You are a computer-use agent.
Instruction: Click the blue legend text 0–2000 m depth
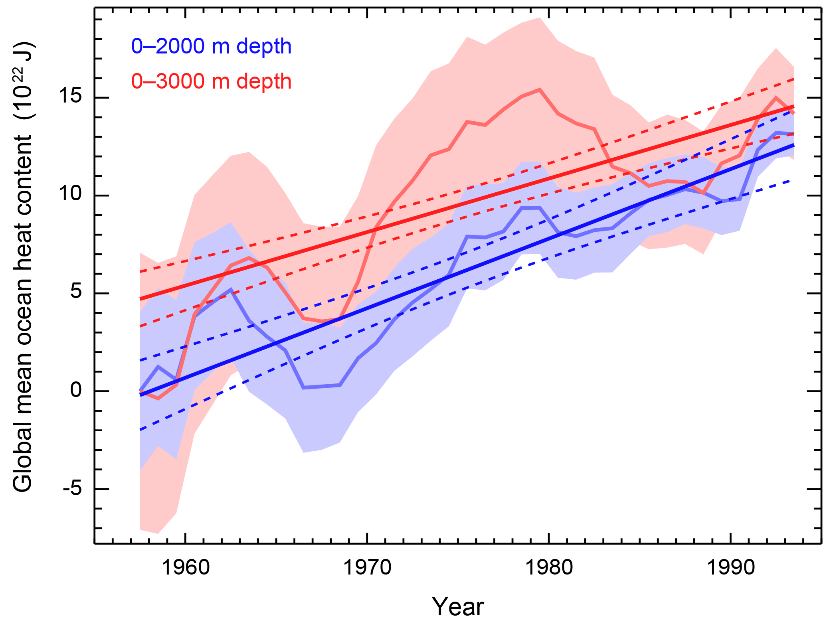tap(211, 47)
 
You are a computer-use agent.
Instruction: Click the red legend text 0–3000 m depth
tap(211, 81)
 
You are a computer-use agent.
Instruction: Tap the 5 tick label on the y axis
tap(76, 293)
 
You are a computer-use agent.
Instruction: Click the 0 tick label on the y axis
tap(76, 391)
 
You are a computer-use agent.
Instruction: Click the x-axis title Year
tap(458, 607)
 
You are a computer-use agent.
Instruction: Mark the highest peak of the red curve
tap(540, 89)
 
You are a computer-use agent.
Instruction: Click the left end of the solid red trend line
tap(140, 298)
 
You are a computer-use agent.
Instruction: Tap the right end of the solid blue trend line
tap(793, 145)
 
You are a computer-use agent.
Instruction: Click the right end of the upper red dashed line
tap(793, 79)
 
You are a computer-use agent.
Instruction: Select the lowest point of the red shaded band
tap(158, 533)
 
